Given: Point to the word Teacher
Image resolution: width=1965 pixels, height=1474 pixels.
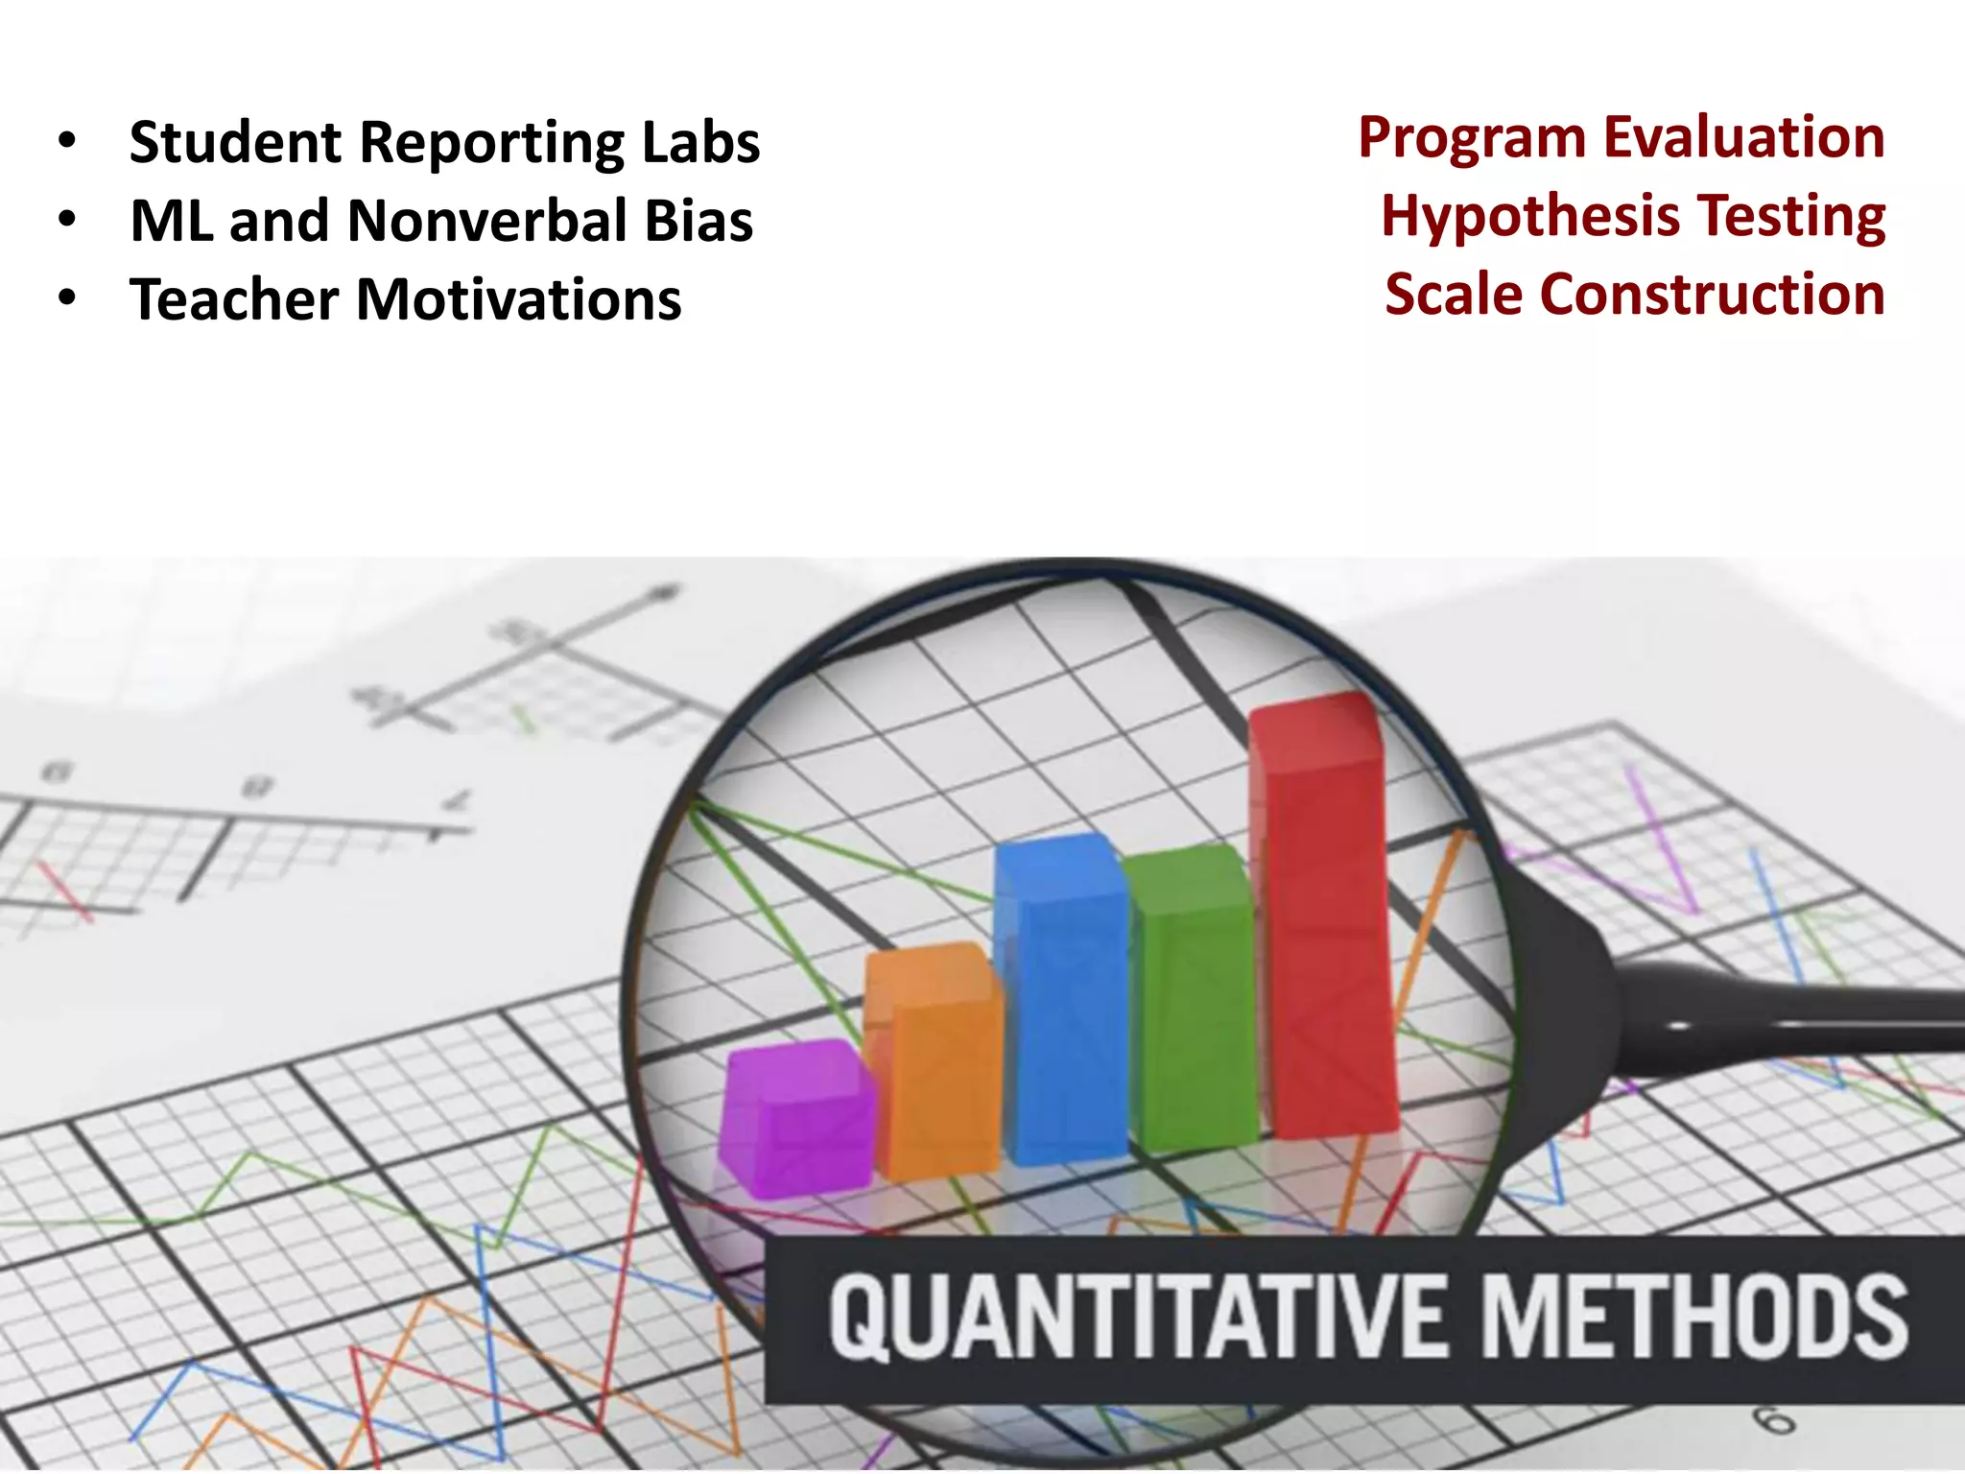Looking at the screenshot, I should [x=234, y=299].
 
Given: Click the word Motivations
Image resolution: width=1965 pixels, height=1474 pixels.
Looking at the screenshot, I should [x=518, y=299].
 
